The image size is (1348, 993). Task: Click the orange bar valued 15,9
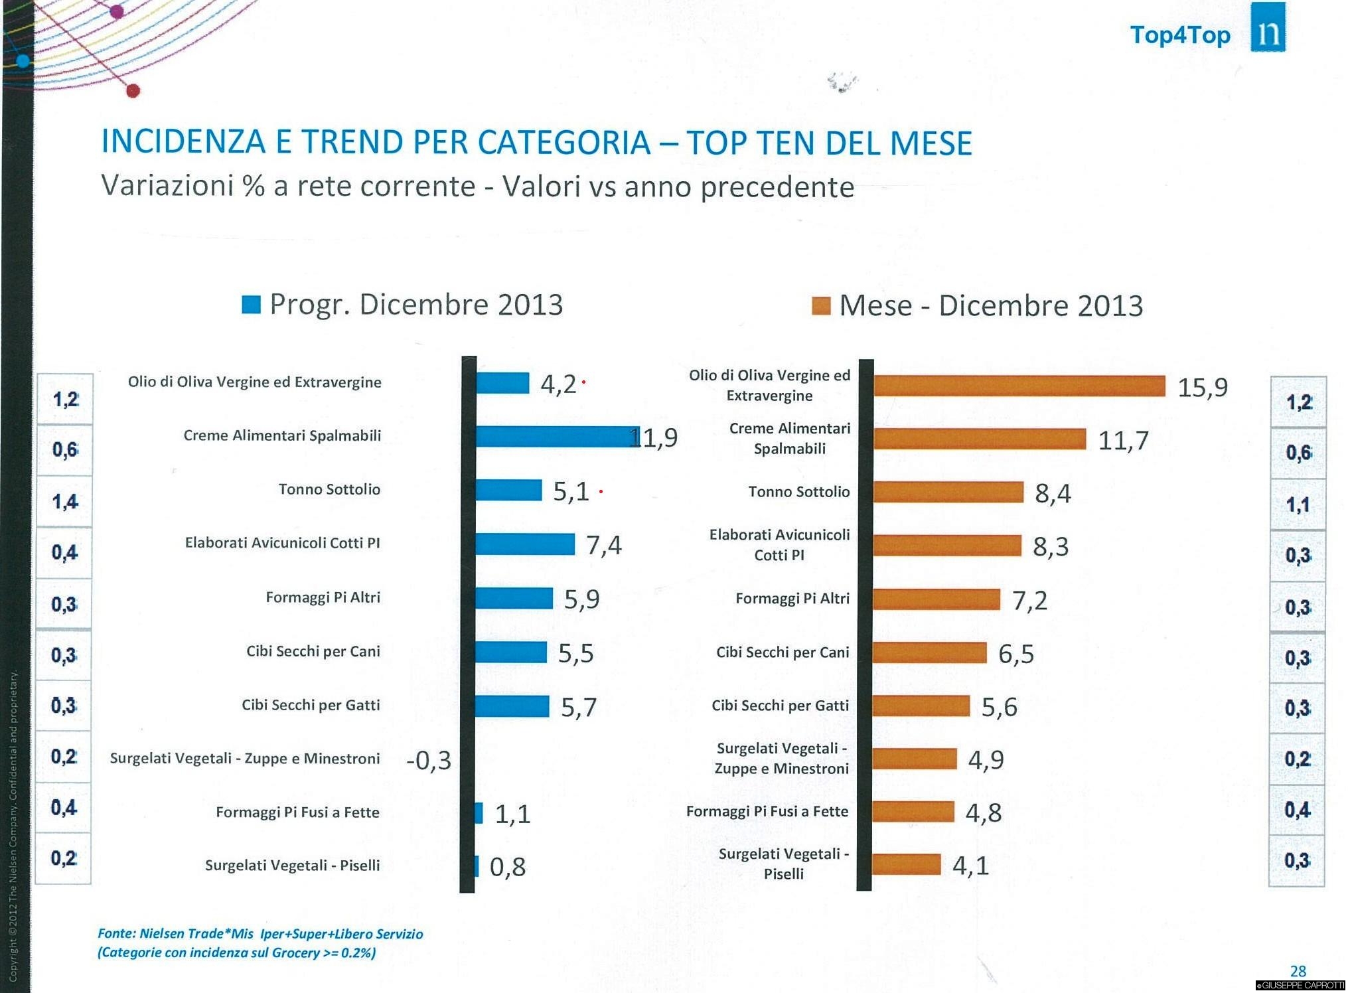tap(1019, 386)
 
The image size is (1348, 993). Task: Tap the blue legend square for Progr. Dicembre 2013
tap(251, 305)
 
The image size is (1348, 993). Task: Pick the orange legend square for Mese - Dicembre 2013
tap(821, 306)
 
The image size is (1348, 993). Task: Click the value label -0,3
tap(429, 760)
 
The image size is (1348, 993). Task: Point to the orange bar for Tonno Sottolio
tap(948, 493)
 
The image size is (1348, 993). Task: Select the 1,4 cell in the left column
tap(64, 501)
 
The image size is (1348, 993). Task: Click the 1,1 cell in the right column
tap(1298, 504)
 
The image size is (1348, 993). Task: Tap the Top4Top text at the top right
tap(1179, 35)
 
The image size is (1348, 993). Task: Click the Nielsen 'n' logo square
tap(1268, 28)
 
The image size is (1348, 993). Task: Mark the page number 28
tap(1298, 971)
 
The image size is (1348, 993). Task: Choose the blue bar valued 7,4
tap(525, 544)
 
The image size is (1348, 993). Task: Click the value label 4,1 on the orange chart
tap(970, 866)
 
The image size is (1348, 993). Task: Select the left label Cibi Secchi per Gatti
tap(311, 705)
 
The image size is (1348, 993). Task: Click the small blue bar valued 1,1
tap(479, 813)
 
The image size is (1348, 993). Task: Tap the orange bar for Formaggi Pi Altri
tap(936, 599)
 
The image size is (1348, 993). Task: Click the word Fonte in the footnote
tap(116, 934)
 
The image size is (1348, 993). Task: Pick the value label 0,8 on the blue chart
tap(508, 867)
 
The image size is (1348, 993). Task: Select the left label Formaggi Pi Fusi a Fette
tap(297, 812)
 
